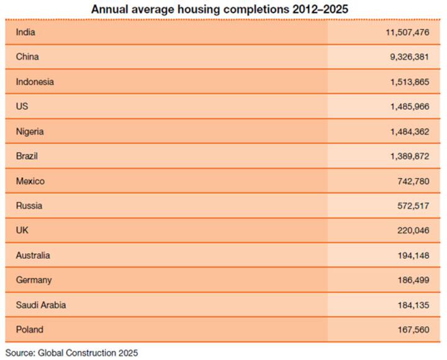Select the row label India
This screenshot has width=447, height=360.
pyautogui.click(x=26, y=32)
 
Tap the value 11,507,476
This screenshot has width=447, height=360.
pyautogui.click(x=407, y=32)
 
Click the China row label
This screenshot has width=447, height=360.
pyautogui.click(x=28, y=56)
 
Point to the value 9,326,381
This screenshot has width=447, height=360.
pyautogui.click(x=410, y=56)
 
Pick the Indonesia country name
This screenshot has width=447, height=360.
pyautogui.click(x=35, y=81)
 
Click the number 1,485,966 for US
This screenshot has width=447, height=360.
pyautogui.click(x=410, y=107)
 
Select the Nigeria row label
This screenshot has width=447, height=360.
pyautogui.click(x=30, y=132)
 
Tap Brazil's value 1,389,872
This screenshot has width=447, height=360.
pyautogui.click(x=410, y=156)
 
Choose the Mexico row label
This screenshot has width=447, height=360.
pyautogui.click(x=30, y=181)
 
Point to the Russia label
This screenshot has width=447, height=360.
pyautogui.click(x=29, y=205)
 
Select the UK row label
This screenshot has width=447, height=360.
pyautogui.click(x=22, y=230)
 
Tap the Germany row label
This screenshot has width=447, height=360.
pyautogui.click(x=34, y=280)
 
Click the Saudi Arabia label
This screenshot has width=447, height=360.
pyautogui.click(x=41, y=305)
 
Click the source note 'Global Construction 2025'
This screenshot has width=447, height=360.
pyautogui.click(x=88, y=353)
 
